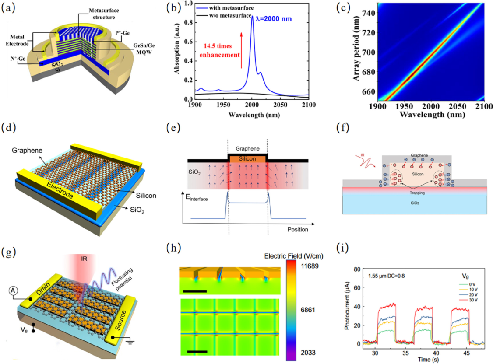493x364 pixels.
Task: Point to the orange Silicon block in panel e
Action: (247, 158)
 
